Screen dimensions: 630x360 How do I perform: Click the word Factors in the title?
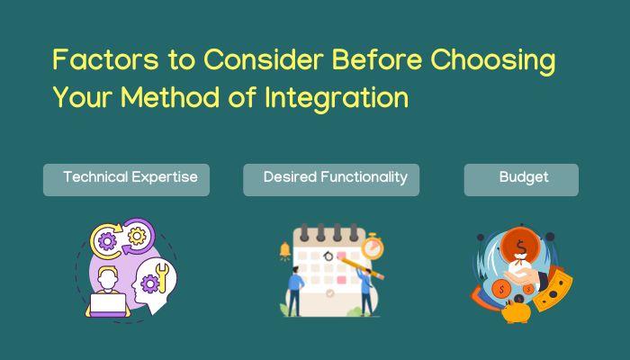(105, 59)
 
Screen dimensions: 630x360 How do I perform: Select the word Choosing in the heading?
(493, 61)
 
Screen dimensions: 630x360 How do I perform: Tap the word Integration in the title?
(337, 98)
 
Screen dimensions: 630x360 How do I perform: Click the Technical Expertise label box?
(127, 180)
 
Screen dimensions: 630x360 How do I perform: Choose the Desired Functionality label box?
(331, 180)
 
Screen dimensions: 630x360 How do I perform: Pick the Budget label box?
(521, 180)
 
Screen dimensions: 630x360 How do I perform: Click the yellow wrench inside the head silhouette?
(162, 277)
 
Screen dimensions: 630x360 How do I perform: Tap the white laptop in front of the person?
(107, 305)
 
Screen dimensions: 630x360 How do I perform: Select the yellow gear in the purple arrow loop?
(137, 236)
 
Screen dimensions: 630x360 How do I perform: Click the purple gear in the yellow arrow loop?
(107, 242)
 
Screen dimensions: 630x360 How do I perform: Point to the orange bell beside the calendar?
(285, 250)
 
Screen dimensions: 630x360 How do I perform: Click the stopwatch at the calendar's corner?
(372, 247)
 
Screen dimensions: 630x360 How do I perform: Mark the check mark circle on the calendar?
(330, 293)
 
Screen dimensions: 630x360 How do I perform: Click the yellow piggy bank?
(516, 312)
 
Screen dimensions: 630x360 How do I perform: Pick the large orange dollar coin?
(520, 246)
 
